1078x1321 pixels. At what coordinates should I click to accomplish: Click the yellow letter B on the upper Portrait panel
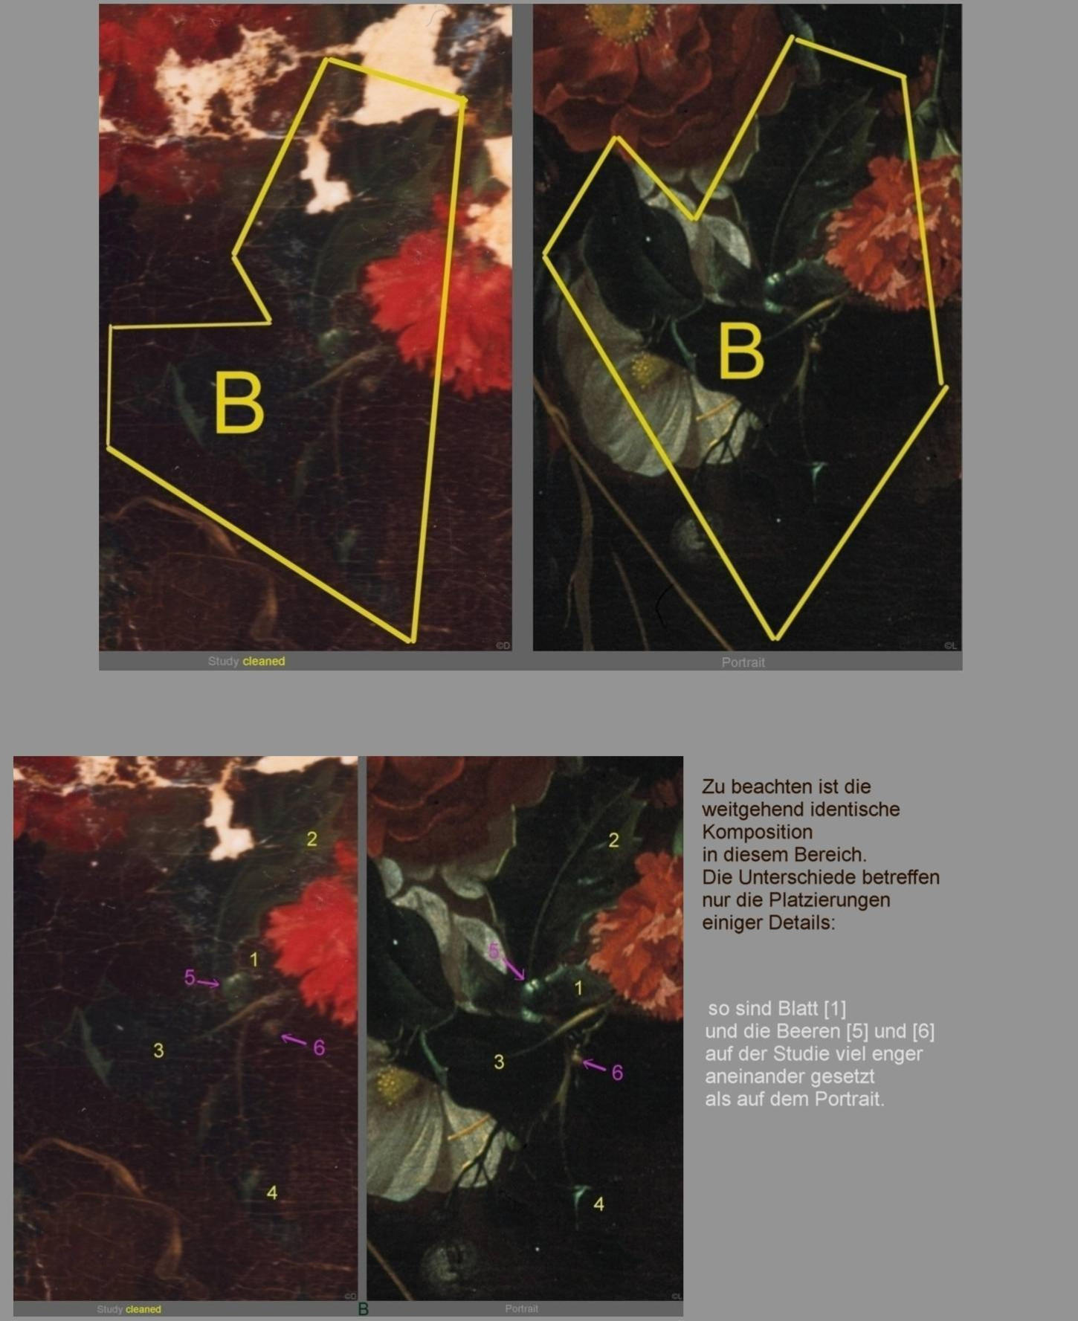[741, 350]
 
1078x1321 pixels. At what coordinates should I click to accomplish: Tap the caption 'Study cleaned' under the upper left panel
[246, 661]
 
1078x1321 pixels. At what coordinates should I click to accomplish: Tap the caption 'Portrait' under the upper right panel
[743, 662]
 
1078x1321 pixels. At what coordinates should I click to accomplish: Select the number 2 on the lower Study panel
[312, 839]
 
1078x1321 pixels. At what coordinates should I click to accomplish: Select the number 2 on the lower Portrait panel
[613, 840]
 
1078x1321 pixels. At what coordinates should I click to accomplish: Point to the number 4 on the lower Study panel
[272, 1192]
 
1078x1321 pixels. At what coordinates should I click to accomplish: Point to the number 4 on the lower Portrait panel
[598, 1204]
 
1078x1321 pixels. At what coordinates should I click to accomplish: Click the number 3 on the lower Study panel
[158, 1050]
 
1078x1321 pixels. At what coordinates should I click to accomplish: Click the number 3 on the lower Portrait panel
[499, 1062]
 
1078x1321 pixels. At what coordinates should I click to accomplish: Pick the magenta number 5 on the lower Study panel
[190, 978]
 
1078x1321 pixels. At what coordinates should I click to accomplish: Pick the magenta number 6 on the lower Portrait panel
[617, 1072]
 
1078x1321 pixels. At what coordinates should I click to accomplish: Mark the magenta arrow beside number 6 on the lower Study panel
[294, 1039]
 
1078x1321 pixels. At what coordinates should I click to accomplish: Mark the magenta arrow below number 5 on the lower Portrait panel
[513, 968]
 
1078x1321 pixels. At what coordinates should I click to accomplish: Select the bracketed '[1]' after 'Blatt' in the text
[834, 1009]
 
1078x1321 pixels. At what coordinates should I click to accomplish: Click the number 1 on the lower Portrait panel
[578, 988]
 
